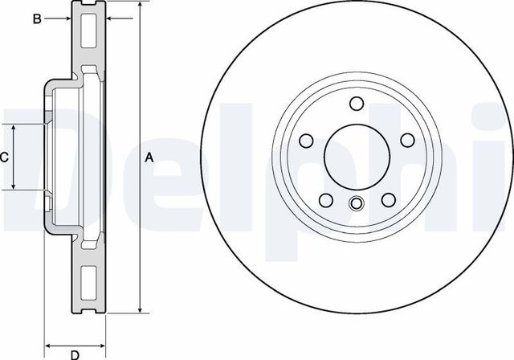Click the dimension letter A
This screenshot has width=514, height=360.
click(x=149, y=158)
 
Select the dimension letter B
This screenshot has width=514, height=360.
click(x=36, y=18)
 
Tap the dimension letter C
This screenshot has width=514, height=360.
click(x=5, y=157)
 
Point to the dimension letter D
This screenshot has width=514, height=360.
click(x=74, y=354)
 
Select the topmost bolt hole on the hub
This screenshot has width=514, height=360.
click(x=357, y=103)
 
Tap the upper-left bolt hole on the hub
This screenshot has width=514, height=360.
click(x=306, y=140)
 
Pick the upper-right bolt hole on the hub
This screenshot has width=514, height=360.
click(x=408, y=140)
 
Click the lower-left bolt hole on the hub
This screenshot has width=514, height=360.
click(x=325, y=200)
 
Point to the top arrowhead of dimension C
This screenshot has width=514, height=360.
click(x=14, y=129)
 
